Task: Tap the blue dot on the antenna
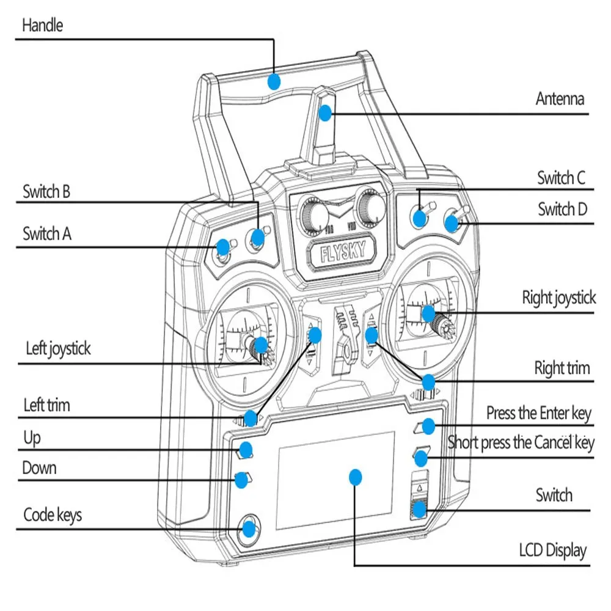point(325,112)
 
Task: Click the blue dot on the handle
point(274,81)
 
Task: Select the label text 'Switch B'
point(46,192)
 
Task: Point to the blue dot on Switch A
point(223,247)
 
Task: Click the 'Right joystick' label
point(558,298)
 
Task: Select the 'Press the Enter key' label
point(538,413)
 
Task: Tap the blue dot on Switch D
point(452,223)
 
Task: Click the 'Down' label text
point(40,468)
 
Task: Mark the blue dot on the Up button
point(246,450)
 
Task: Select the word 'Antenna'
point(560,98)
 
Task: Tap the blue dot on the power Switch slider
point(419,508)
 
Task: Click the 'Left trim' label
point(46,405)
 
